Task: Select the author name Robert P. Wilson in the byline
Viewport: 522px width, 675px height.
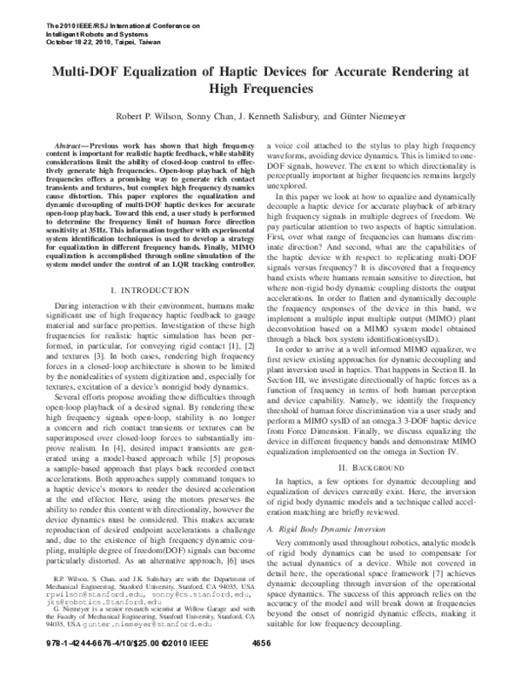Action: click(x=150, y=117)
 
